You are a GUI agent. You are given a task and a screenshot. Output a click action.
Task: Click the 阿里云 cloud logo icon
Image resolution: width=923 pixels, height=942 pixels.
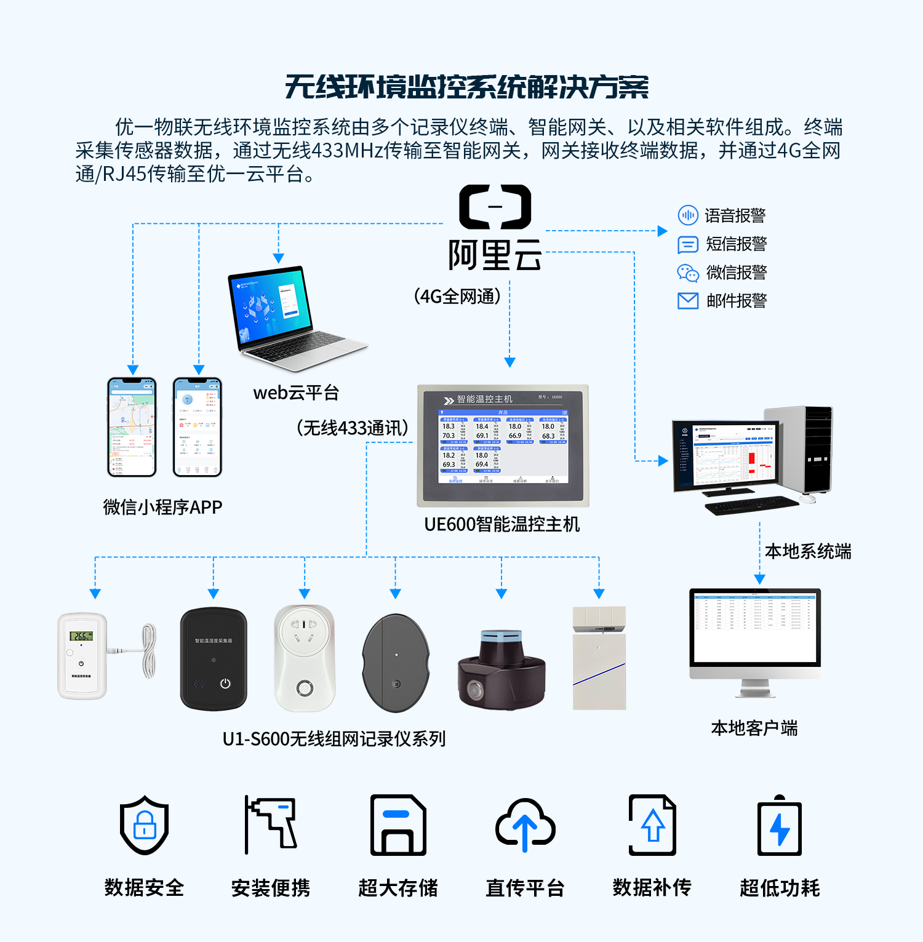(x=495, y=207)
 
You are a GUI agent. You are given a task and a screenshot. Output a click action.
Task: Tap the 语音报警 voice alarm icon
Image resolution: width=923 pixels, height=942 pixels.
(x=687, y=215)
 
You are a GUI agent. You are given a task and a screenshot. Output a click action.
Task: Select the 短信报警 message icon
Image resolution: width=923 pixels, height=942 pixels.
(x=687, y=244)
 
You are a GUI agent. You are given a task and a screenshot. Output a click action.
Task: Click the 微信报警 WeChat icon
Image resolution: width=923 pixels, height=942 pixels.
(x=687, y=273)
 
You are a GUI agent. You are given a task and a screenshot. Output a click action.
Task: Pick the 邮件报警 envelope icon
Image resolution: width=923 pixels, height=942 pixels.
(x=687, y=301)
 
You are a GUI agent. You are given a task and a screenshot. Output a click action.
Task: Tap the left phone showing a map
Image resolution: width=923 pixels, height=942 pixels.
(x=132, y=427)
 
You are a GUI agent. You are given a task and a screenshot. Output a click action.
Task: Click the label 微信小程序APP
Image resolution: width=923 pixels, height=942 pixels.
(x=162, y=507)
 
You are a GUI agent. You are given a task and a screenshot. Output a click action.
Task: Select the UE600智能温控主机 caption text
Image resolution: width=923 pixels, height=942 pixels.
(x=501, y=524)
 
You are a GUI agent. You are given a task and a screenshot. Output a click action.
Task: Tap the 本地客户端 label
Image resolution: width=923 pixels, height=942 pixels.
(x=754, y=728)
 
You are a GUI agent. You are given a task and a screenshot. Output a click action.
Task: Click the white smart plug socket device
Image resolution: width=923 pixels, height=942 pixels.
(x=305, y=657)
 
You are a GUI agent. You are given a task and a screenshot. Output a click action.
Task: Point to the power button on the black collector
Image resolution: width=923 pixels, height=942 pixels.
(x=225, y=684)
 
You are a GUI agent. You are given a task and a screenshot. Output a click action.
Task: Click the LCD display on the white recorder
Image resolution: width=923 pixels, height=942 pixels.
(x=81, y=636)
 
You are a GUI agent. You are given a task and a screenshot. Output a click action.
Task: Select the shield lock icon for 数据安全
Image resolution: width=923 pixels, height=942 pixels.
(x=144, y=825)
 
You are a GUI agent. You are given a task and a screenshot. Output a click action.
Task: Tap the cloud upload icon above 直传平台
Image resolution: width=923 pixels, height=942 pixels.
(x=525, y=825)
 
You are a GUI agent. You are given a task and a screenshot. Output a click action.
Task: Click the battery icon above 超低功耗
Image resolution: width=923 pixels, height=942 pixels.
(x=779, y=826)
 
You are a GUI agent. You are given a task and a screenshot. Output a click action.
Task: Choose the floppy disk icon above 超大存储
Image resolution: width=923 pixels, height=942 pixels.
(x=398, y=825)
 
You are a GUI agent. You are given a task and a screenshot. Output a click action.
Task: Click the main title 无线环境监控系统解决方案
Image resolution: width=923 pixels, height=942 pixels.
(x=466, y=87)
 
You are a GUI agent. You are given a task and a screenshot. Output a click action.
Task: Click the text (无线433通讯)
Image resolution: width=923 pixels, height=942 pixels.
(x=353, y=428)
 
